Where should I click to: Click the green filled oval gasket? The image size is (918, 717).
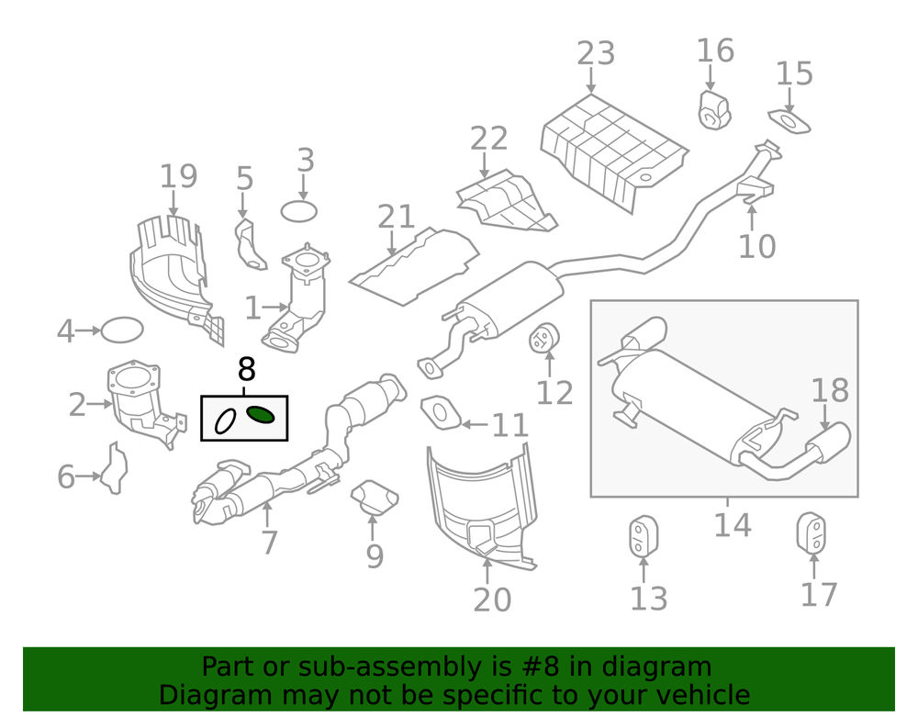pyautogui.click(x=261, y=416)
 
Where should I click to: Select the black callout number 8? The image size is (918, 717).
pyautogui.click(x=246, y=370)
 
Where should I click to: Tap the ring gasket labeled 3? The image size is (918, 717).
pyautogui.click(x=298, y=212)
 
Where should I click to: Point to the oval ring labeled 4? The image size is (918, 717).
pyautogui.click(x=122, y=329)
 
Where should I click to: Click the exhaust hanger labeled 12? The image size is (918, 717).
pyautogui.click(x=545, y=340)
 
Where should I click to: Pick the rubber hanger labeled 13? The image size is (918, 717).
pyautogui.click(x=642, y=537)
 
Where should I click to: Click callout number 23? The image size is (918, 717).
pyautogui.click(x=596, y=53)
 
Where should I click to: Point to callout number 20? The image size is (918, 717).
pyautogui.click(x=492, y=599)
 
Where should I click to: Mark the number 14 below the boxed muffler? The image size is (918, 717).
pyautogui.click(x=732, y=526)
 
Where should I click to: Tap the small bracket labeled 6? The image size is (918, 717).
pyautogui.click(x=115, y=468)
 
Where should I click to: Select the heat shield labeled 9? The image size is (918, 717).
pyautogui.click(x=375, y=497)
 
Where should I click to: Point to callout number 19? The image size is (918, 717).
pyautogui.click(x=178, y=176)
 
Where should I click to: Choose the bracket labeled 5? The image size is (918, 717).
pyautogui.click(x=249, y=242)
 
